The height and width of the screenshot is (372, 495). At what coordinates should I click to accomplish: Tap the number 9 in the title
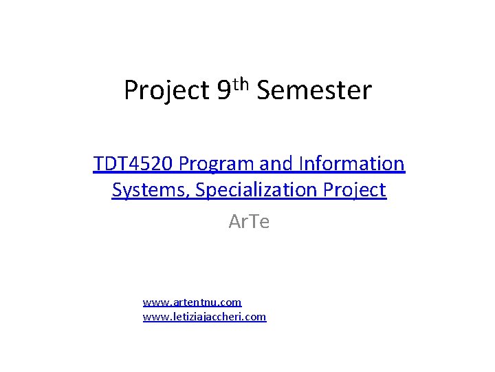pos(223,90)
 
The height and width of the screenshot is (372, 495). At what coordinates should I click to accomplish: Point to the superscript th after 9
pos(241,83)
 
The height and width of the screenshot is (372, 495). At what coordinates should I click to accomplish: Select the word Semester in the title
pos(314,90)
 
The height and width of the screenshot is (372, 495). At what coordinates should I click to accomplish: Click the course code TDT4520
pos(134,164)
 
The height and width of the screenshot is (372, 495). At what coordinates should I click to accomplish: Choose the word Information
pos(352,164)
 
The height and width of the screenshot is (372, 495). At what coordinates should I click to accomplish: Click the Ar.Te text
pos(249,222)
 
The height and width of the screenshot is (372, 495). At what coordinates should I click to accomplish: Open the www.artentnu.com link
pos(192,302)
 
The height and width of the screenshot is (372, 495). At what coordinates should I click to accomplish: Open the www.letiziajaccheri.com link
pos(204,317)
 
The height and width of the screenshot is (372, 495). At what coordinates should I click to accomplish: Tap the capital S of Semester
pos(265,90)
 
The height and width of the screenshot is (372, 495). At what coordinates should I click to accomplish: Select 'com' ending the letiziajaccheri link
pos(256,318)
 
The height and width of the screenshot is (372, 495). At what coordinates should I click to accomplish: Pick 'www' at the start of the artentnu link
pos(153,302)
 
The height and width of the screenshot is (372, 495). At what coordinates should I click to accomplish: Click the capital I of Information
pos(302,164)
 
